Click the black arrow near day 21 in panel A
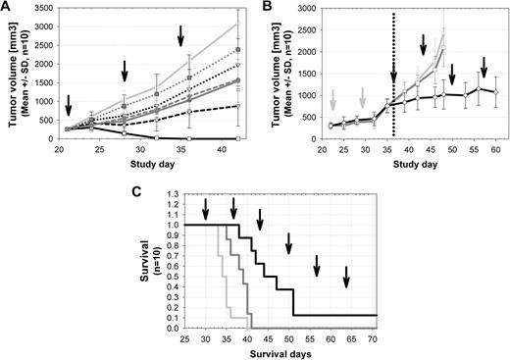[69, 104]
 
